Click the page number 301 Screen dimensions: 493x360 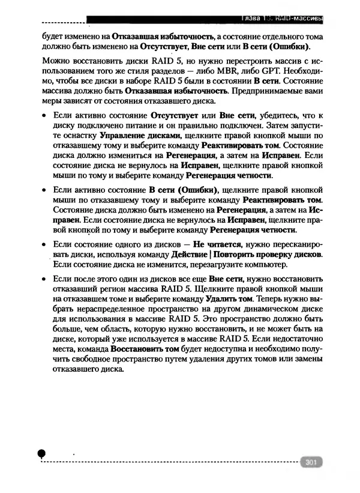[311, 462]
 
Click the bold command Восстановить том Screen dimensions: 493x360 [145, 348]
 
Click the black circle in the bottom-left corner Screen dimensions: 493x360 [41, 454]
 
